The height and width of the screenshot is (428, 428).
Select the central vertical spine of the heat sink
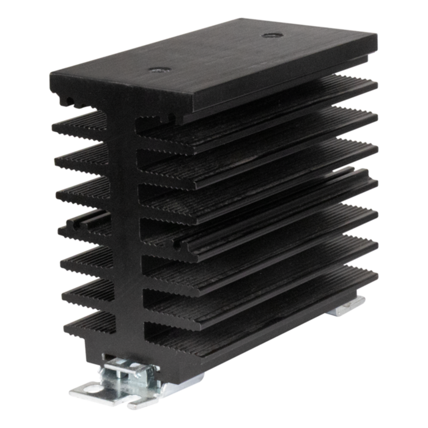point(131,232)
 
